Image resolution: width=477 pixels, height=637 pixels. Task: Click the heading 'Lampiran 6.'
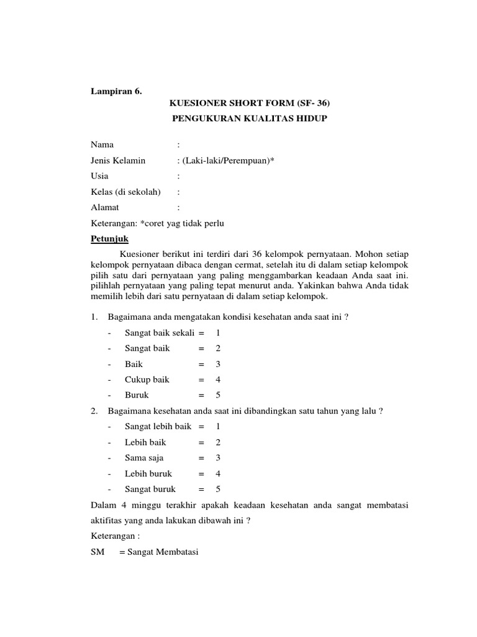[116, 91]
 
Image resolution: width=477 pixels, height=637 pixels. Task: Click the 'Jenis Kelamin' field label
[118, 160]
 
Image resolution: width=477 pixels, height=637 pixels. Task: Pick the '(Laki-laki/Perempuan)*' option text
[229, 160]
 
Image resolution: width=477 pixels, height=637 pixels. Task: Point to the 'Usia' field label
[99, 176]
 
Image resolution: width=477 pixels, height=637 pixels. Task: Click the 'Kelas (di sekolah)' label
[125, 192]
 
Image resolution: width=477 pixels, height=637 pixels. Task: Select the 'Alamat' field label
[105, 207]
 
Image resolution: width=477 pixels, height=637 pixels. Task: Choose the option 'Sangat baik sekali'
[160, 333]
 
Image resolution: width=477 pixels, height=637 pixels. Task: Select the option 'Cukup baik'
[147, 379]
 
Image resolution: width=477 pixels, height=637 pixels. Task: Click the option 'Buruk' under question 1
[137, 395]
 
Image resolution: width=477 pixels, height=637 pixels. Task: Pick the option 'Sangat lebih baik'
[158, 427]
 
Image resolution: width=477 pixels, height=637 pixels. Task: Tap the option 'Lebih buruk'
[148, 473]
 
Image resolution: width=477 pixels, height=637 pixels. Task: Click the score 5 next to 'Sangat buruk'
[218, 490]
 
